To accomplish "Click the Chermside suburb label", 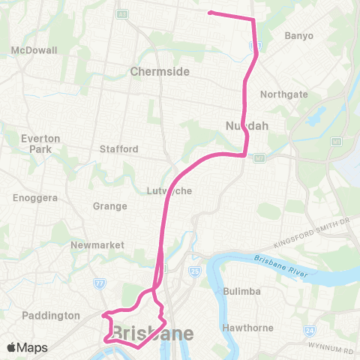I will tap(160, 72).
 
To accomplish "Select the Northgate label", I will tap(283, 94).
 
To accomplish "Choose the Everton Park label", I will tap(35, 143).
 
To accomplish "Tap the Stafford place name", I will tap(119, 148).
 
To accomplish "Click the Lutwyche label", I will tap(169, 190).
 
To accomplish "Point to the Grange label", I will tap(106, 205).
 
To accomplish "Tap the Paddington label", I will tap(52, 316).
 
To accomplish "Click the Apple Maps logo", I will tap(27, 347).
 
